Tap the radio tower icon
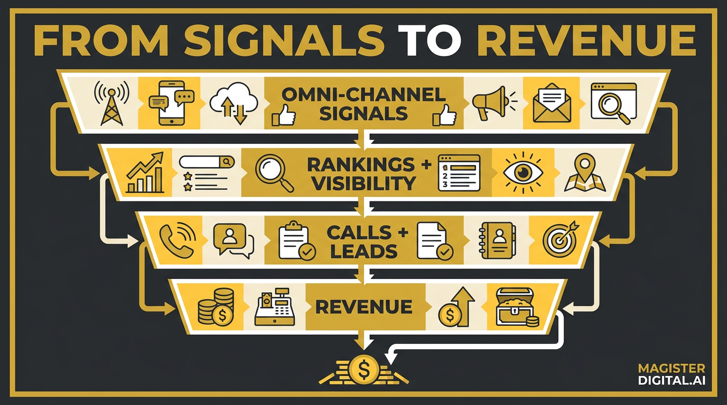[x=111, y=103]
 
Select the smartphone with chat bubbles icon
[x=171, y=103]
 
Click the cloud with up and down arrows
[x=234, y=103]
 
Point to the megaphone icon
[x=493, y=103]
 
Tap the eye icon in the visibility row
[x=523, y=172]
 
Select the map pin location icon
[x=584, y=172]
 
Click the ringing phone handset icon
[x=178, y=242]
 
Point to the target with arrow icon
[x=560, y=240]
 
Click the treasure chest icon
[x=517, y=307]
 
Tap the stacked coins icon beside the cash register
[x=216, y=306]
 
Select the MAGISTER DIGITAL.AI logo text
[x=671, y=374]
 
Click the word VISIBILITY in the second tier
[x=363, y=184]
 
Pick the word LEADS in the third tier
[x=364, y=252]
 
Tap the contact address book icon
[x=496, y=240]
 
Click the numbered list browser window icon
[x=459, y=172]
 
